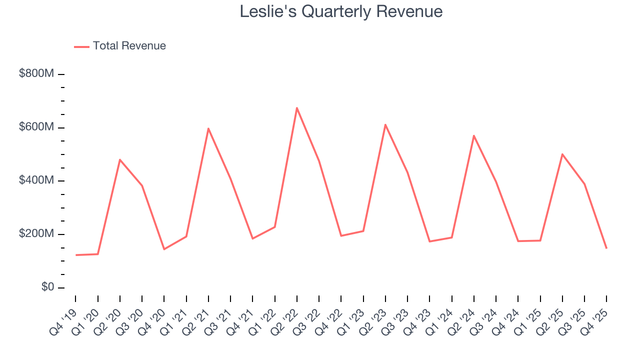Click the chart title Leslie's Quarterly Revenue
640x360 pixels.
coord(341,11)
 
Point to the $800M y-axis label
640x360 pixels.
coord(36,73)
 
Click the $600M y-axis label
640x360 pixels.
coord(36,127)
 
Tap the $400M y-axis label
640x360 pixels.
coord(36,180)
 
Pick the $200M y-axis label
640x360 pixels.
coord(36,234)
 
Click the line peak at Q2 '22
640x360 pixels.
coord(297,107)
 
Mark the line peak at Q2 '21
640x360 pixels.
coord(208,128)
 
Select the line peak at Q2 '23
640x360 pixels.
coord(385,124)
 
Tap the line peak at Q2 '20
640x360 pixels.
coord(120,159)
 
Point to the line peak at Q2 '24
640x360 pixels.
coord(473,135)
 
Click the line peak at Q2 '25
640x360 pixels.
coord(562,154)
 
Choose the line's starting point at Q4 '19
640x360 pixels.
coord(76,255)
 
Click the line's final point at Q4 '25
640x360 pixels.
coord(606,248)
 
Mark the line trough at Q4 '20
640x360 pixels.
coord(164,249)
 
